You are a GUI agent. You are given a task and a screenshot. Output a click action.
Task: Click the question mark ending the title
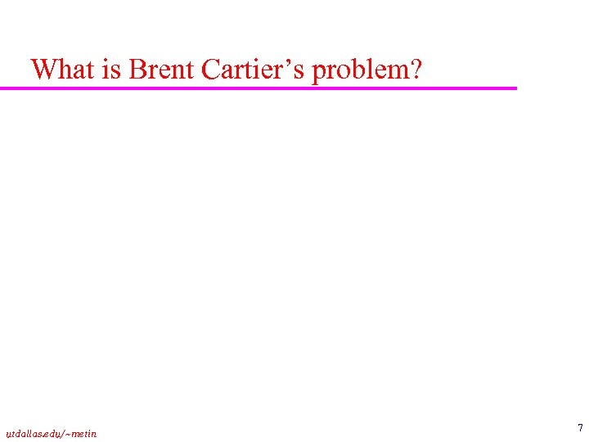click(416, 70)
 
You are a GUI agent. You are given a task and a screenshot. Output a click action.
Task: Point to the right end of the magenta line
click(515, 88)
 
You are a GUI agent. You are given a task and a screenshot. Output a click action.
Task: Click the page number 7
click(580, 428)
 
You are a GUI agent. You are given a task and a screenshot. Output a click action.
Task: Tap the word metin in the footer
click(83, 434)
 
